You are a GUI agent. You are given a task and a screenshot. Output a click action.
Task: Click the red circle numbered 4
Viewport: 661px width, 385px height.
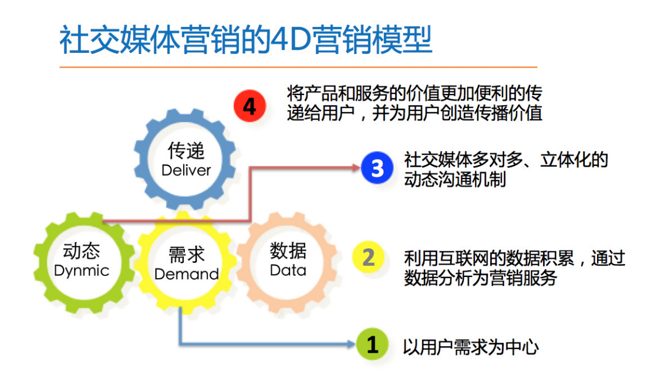[249, 106]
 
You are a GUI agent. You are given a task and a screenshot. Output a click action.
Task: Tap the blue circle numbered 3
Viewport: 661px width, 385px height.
[377, 168]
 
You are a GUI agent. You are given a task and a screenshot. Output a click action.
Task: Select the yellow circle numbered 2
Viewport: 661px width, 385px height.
[368, 257]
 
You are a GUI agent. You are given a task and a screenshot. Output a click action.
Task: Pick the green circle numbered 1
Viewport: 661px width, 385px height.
[372, 344]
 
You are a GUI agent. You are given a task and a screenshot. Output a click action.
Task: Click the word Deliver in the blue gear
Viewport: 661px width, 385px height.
[186, 170]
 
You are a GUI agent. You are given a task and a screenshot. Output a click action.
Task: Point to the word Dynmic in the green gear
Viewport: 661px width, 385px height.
[82, 271]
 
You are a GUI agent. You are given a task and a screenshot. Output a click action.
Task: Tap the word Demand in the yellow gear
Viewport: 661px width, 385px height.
[186, 274]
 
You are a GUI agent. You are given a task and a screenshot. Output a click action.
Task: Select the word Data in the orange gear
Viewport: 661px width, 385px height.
[288, 271]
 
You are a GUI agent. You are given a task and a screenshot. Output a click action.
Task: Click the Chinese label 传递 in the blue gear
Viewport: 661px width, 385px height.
[186, 150]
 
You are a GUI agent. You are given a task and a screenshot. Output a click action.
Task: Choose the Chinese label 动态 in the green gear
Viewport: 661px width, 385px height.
[82, 251]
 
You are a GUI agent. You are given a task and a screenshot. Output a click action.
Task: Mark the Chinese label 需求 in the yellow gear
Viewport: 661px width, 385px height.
[186, 255]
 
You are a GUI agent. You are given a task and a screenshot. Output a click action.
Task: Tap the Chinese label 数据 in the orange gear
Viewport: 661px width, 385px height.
[288, 251]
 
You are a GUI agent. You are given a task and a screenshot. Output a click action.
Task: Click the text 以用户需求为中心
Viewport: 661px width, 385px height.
[470, 347]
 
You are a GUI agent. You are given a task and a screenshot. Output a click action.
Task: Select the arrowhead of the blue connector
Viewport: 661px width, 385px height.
[352, 344]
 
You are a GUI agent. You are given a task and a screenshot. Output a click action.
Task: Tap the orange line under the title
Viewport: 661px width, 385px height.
[298, 66]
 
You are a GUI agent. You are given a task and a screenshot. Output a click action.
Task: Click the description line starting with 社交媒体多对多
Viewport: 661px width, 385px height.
[506, 160]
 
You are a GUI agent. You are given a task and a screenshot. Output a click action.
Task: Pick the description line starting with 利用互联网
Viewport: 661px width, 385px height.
[514, 258]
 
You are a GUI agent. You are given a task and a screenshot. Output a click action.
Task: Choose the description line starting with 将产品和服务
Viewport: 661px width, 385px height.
[414, 93]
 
